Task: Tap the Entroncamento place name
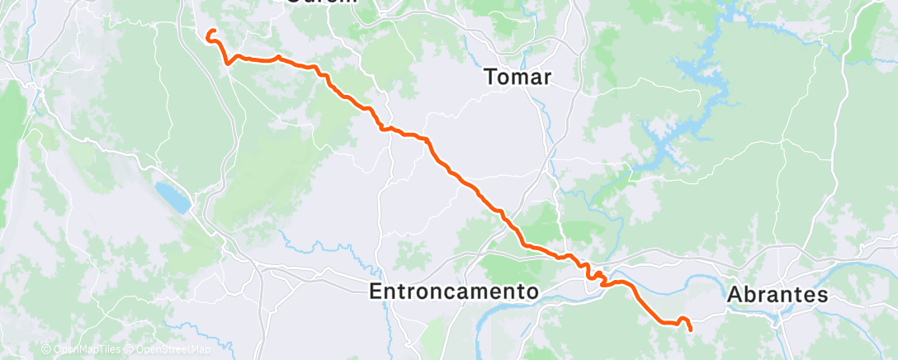[453, 291]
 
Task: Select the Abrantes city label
[777, 295]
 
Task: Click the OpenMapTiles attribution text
[83, 350]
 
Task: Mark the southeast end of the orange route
[690, 329]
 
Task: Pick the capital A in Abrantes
[735, 295]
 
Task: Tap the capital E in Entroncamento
[376, 291]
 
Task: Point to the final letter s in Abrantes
[822, 295]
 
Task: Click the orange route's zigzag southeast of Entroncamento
[592, 272]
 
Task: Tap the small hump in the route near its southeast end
[683, 320]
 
